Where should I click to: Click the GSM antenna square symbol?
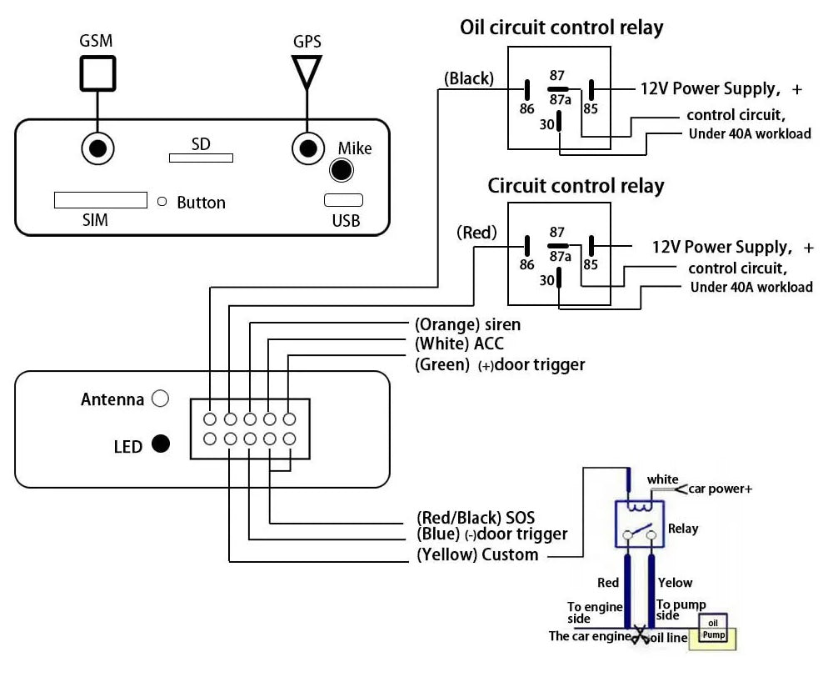coord(97,73)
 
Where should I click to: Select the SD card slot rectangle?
coord(201,157)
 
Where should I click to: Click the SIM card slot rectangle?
coord(100,201)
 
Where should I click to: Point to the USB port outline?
coord(344,200)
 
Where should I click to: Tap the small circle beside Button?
coord(162,201)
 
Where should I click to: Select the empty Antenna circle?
coord(161,399)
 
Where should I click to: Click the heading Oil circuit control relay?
coord(561,28)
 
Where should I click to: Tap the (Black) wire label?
coord(469,79)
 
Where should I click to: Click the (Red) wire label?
coord(476,233)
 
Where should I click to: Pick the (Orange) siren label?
coord(467,324)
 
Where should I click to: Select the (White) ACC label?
coord(459,344)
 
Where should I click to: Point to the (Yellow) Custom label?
coord(477,554)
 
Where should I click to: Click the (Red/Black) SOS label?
coord(476,518)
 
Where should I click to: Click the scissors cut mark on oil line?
coord(640,637)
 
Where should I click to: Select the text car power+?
coord(720,489)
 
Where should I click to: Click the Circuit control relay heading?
coord(576,185)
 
